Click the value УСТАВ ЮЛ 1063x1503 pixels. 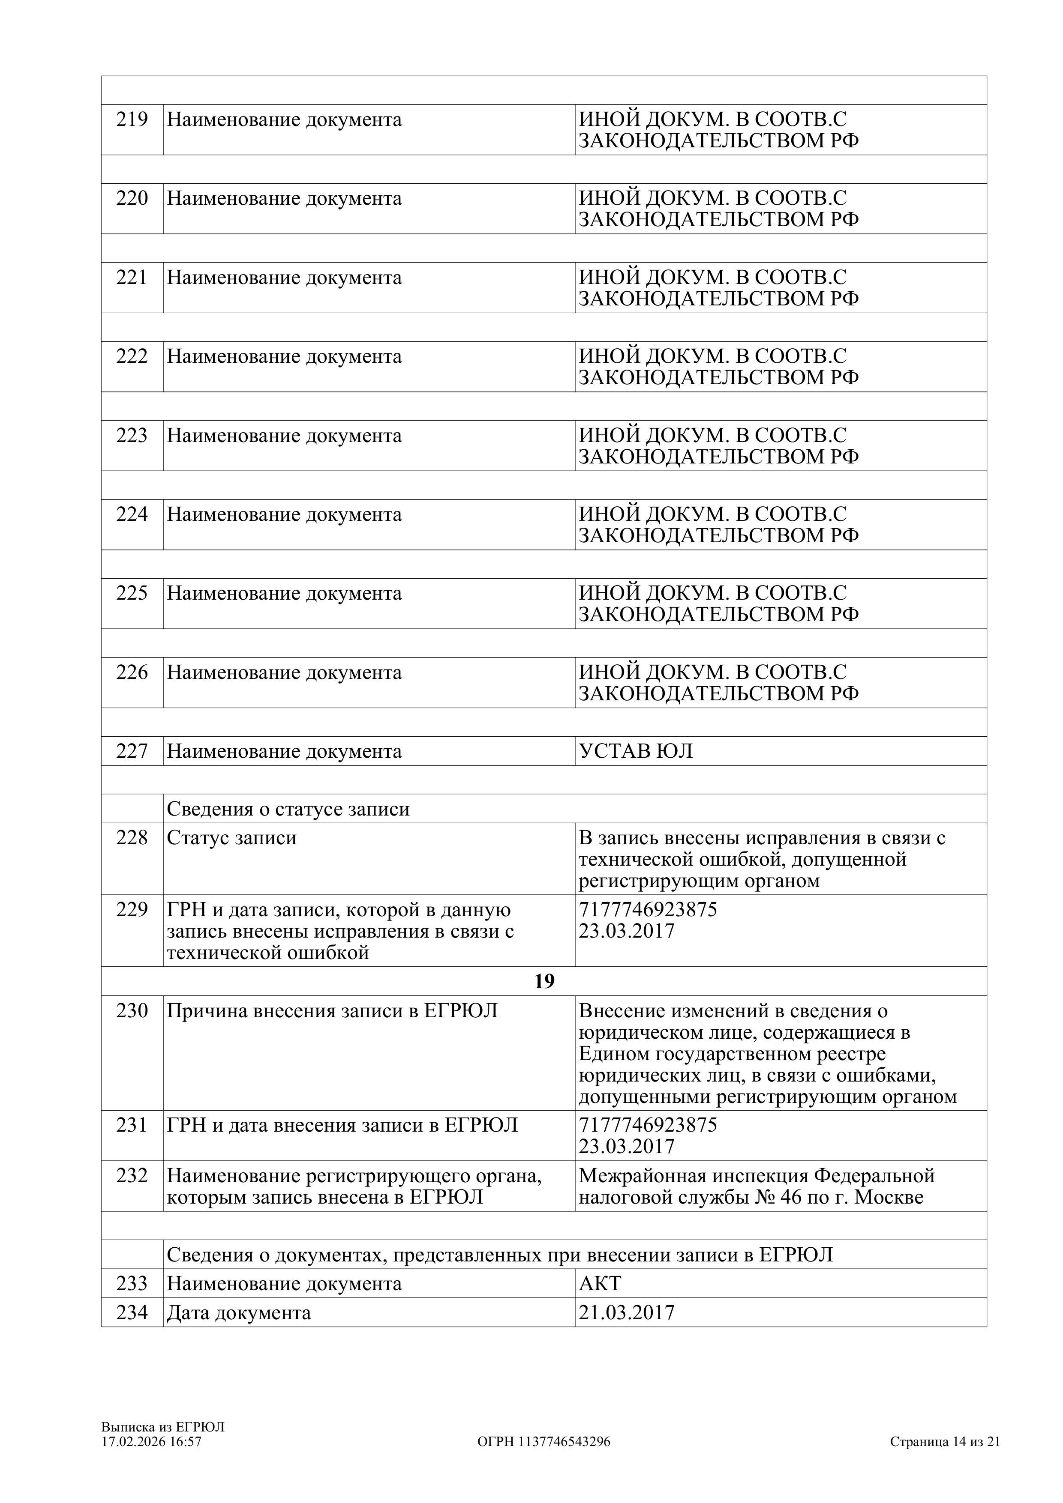click(x=635, y=751)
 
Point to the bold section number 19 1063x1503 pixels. click(x=544, y=981)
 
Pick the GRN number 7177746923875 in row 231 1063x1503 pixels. click(x=648, y=1125)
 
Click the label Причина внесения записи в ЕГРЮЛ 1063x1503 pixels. click(x=332, y=1011)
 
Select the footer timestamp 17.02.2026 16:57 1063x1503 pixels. click(x=151, y=1441)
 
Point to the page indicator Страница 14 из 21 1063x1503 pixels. click(x=944, y=1441)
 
